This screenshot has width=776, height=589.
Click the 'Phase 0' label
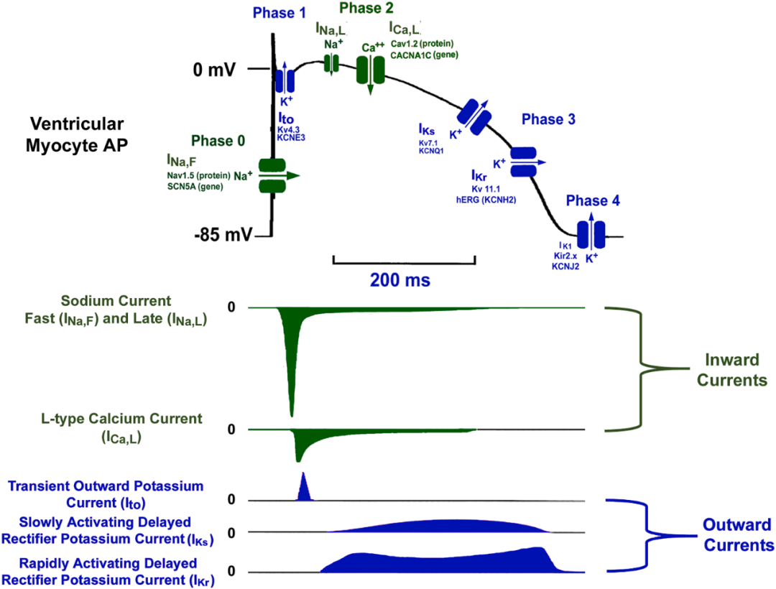223,142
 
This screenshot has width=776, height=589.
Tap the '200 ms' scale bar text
400,280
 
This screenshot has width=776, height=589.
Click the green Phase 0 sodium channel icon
271,175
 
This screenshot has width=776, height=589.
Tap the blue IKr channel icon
523,162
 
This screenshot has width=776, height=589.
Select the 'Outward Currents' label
736,534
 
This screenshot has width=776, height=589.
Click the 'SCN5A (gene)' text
202,186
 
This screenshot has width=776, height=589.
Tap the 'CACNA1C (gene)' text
424,54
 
